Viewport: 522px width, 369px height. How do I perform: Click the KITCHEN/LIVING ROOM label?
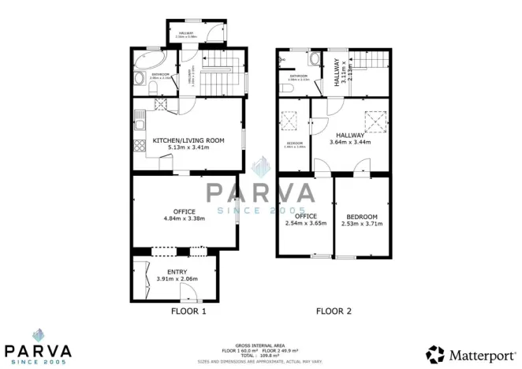click(x=188, y=140)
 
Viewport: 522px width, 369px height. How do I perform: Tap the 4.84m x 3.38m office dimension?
click(x=184, y=218)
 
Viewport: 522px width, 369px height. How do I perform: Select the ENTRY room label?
click(x=177, y=272)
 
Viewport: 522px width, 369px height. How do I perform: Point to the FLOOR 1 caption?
click(x=188, y=311)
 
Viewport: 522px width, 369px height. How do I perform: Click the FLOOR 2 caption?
click(x=334, y=311)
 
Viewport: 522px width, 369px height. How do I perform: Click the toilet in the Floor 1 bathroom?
click(x=138, y=77)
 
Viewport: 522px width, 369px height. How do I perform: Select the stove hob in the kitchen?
click(x=160, y=103)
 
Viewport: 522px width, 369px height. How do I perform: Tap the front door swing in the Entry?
click(x=189, y=293)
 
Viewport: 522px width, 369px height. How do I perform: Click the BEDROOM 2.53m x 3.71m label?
click(x=362, y=220)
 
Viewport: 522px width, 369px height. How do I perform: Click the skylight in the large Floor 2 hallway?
click(x=373, y=121)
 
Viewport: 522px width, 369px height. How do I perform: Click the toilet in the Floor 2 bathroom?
click(x=287, y=88)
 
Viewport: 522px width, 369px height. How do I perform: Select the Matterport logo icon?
click(x=436, y=354)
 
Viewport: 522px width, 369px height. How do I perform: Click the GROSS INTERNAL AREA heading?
click(x=259, y=344)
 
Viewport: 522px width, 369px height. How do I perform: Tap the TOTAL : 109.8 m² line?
click(x=259, y=355)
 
